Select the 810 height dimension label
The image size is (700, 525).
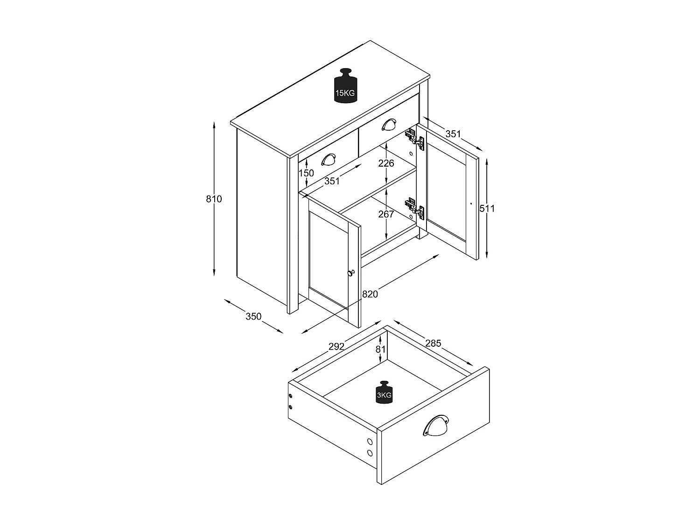pyautogui.click(x=214, y=199)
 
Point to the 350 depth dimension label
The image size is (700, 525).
pyautogui.click(x=253, y=316)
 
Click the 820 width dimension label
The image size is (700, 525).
pyautogui.click(x=370, y=294)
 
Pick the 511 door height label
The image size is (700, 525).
pyautogui.click(x=487, y=209)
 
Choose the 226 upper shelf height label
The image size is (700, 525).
pyautogui.click(x=386, y=163)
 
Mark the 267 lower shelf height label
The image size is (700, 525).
pyautogui.click(x=386, y=214)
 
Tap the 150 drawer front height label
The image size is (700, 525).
pyautogui.click(x=306, y=173)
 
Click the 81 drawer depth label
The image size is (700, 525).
pyautogui.click(x=381, y=349)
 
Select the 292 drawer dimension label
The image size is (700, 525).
pyautogui.click(x=336, y=346)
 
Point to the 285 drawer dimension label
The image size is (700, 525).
pyautogui.click(x=433, y=343)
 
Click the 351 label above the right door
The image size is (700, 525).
pyautogui.click(x=453, y=134)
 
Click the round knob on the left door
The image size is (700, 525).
pyautogui.click(x=351, y=273)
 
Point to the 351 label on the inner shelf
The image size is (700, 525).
pyautogui.click(x=332, y=181)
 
